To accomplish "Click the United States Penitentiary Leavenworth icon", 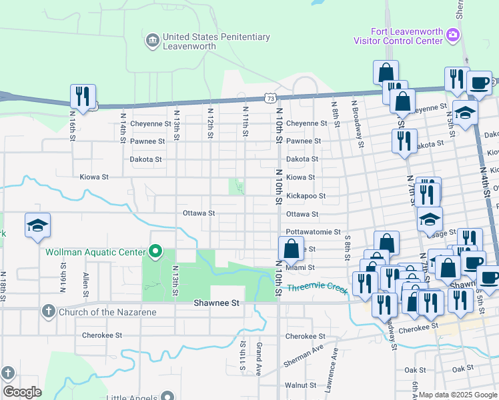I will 153,41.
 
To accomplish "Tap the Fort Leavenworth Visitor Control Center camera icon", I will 453,34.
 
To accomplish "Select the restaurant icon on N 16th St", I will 83,97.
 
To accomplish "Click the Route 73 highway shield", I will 269,98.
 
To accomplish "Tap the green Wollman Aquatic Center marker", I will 155,252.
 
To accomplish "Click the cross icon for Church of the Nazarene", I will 48,311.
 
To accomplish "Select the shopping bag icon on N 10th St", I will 291,249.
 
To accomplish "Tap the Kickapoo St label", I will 306,196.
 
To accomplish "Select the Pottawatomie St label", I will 313,232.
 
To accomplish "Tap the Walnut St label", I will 300,385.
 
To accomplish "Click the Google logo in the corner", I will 22,392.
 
